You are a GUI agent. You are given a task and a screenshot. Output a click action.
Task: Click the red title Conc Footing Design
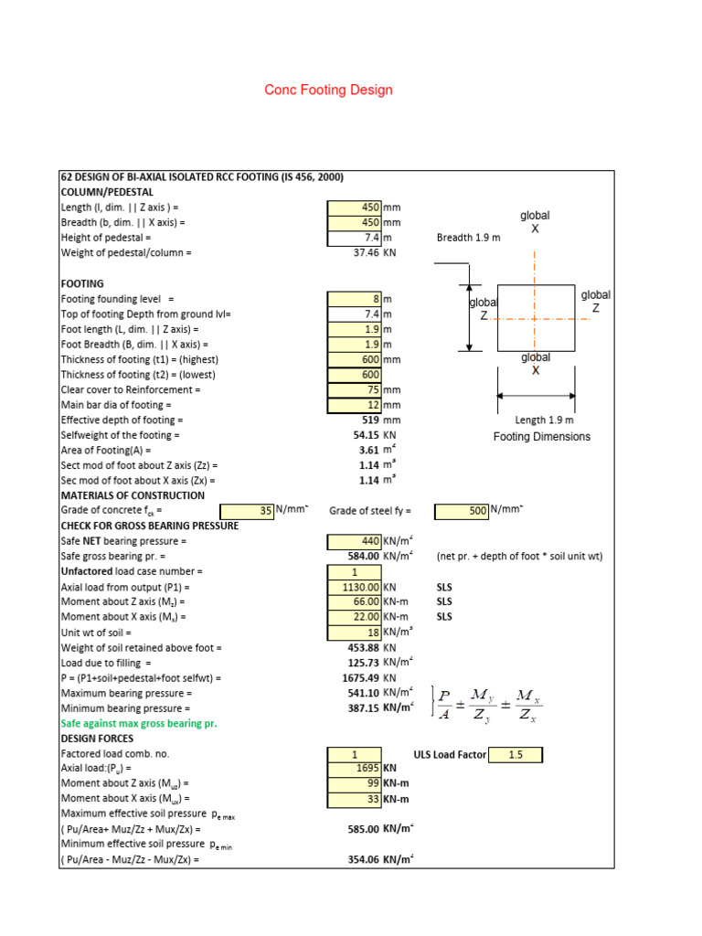pos(328,90)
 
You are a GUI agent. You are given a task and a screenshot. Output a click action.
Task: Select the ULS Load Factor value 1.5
pos(515,754)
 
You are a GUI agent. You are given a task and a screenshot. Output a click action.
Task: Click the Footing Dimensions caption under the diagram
pos(542,436)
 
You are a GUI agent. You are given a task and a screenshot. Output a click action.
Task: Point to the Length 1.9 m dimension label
pos(544,420)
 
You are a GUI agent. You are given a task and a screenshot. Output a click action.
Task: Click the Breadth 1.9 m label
pos(469,238)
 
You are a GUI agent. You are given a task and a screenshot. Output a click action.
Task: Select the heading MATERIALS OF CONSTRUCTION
pos(133,495)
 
